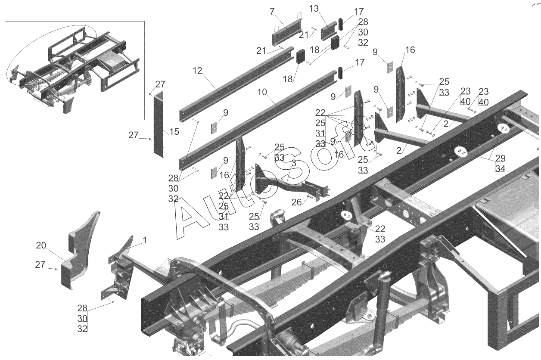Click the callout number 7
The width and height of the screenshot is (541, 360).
tap(272, 11)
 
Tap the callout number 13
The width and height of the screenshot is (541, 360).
tap(314, 9)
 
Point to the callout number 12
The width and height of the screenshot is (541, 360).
tap(197, 71)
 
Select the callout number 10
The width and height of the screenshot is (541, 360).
tap(262, 92)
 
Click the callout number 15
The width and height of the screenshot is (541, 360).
tap(174, 132)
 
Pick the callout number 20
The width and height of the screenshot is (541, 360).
tap(41, 245)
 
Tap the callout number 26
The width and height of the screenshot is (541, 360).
tap(297, 202)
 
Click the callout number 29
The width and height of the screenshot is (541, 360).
tap(500, 158)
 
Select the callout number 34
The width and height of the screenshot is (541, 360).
tap(500, 168)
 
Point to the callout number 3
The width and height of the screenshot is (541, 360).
tap(294, 163)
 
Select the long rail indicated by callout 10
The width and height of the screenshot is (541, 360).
tap(258, 120)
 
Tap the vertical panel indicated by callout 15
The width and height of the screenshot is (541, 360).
tap(159, 124)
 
